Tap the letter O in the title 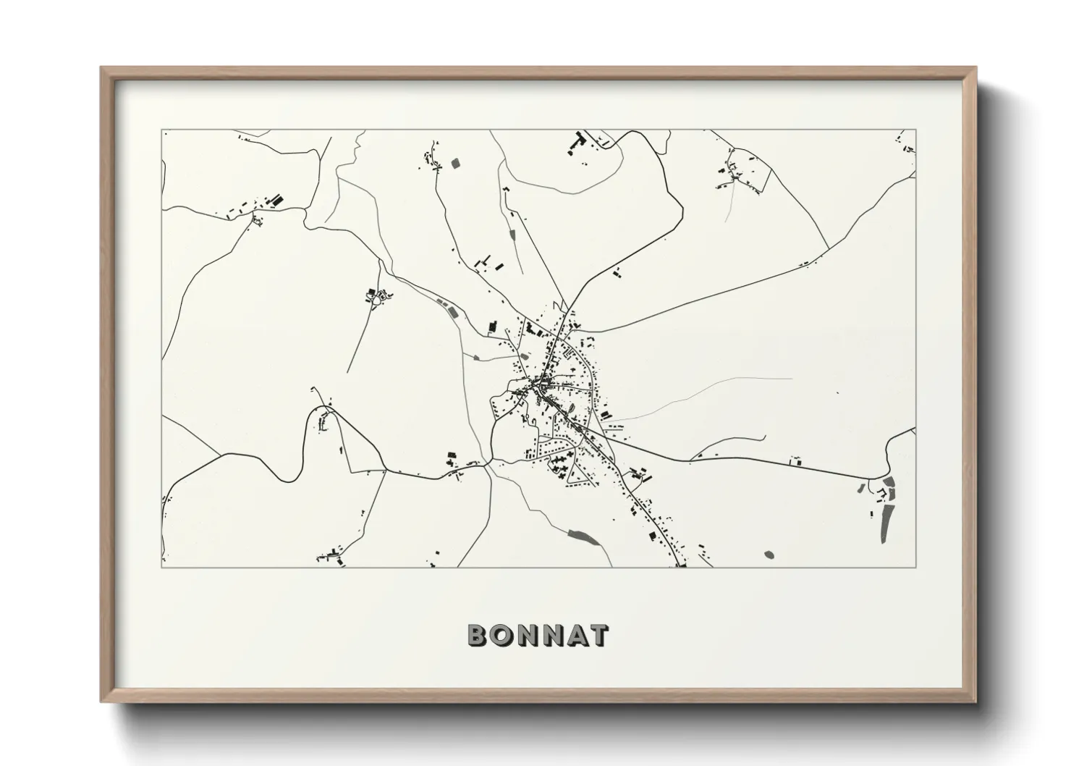click(x=502, y=635)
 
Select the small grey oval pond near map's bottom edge click(x=768, y=555)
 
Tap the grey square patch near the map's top click(x=455, y=163)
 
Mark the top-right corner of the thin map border click(x=915, y=130)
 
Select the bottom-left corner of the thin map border click(x=162, y=567)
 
